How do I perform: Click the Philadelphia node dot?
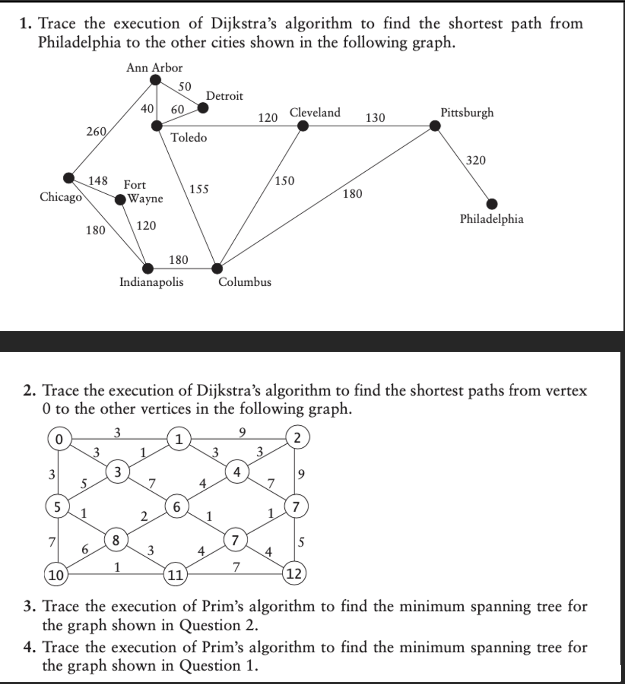tap(492, 204)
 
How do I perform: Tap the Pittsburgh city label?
tap(467, 112)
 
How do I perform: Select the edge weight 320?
tap(476, 161)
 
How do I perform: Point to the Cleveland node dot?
tap(303, 126)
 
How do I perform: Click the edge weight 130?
tap(375, 118)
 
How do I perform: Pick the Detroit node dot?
tap(203, 107)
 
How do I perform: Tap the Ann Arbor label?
tap(154, 67)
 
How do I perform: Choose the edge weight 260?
tap(96, 131)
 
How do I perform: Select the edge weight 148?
tap(98, 180)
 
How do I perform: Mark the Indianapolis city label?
tap(151, 282)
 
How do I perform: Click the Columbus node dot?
tap(217, 268)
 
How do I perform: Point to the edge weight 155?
tap(199, 189)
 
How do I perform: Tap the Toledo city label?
tap(189, 138)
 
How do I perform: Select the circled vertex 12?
tap(295, 574)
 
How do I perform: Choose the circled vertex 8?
tap(116, 540)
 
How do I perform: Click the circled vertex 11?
tap(175, 575)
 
